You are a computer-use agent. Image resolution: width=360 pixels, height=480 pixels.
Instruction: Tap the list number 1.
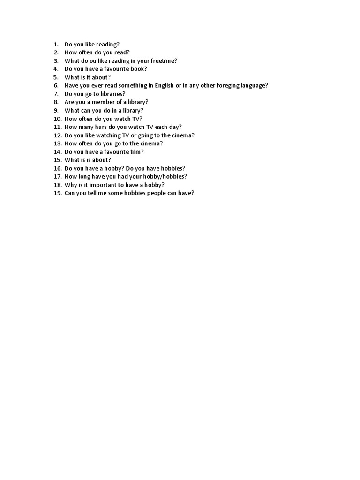pyautogui.click(x=55, y=45)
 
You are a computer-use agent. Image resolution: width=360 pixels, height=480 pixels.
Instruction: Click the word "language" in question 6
pyautogui.click(x=248, y=85)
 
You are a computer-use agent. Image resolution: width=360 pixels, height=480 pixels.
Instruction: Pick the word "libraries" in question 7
pyautogui.click(x=112, y=94)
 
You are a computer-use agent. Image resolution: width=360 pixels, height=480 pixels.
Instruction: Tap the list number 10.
pyautogui.click(x=57, y=119)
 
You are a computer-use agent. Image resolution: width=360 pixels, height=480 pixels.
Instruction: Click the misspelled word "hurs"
pyautogui.click(x=101, y=127)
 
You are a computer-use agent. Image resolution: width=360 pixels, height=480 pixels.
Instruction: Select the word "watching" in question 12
pyautogui.click(x=108, y=135)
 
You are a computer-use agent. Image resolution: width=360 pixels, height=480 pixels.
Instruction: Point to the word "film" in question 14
pyautogui.click(x=135, y=152)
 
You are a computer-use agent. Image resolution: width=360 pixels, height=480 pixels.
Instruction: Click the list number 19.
pyautogui.click(x=57, y=193)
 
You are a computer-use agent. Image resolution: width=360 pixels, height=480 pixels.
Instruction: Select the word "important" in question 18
pyautogui.click(x=104, y=185)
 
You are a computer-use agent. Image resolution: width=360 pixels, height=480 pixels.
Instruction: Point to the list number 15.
pyautogui.click(x=57, y=160)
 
